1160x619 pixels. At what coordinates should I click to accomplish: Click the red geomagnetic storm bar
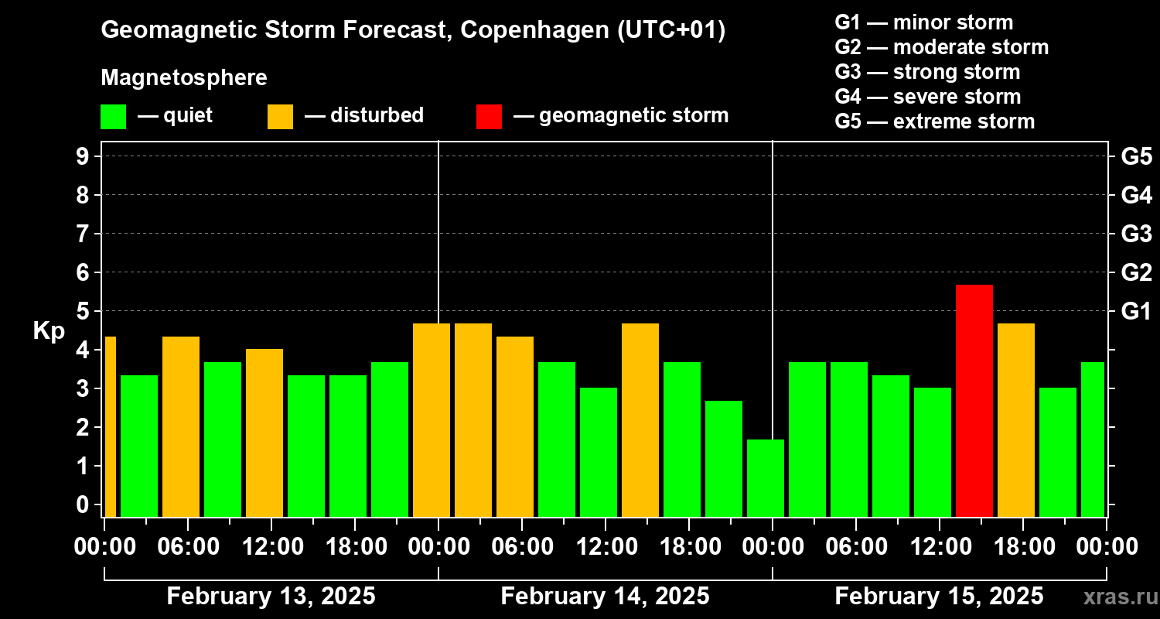coord(974,401)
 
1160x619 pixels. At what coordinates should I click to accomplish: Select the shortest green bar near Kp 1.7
coord(766,478)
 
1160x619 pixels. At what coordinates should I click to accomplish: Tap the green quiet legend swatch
coord(113,117)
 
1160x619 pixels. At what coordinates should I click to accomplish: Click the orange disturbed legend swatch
coord(280,117)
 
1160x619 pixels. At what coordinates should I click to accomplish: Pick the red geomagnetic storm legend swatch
coord(489,117)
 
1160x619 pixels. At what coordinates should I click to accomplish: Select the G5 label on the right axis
coord(1136,157)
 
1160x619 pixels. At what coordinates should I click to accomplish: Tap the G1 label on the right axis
coord(1136,312)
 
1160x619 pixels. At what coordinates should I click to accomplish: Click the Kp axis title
coord(49,331)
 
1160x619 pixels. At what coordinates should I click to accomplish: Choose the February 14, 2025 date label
coord(605,597)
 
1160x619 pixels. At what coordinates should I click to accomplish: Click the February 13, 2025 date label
coord(271,597)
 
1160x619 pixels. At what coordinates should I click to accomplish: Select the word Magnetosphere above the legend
coord(184,78)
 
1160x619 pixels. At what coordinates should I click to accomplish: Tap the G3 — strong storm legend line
coord(927,72)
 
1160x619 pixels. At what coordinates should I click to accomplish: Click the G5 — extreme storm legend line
coord(934,121)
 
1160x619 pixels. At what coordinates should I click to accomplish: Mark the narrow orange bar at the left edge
coord(111,426)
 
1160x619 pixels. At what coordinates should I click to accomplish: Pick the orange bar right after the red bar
coord(1016,420)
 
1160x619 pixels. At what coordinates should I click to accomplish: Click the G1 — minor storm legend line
coord(923,22)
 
